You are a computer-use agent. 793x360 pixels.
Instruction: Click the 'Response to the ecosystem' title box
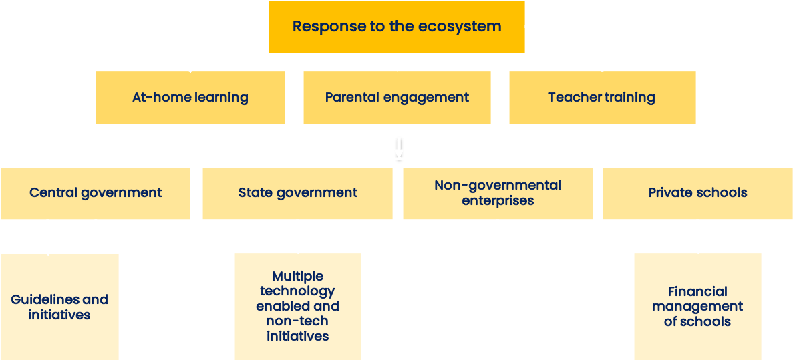coord(397,27)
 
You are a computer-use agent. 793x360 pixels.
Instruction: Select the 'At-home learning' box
coord(190,97)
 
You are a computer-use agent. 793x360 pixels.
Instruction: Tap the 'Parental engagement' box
coord(397,97)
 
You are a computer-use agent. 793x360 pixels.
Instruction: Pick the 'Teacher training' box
coord(603,97)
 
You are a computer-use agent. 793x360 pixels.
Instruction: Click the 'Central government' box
coord(96,193)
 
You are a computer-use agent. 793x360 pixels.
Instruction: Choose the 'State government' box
coord(297,193)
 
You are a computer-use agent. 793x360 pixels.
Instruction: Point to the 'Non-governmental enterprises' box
coord(498,193)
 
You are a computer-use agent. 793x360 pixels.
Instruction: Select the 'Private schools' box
coord(698,193)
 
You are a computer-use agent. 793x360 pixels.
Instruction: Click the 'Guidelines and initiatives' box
coord(59,307)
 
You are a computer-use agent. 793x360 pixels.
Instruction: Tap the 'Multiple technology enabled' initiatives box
coord(298,307)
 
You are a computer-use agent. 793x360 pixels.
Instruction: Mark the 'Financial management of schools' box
coord(697,307)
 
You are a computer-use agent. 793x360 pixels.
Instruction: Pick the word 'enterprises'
coord(498,201)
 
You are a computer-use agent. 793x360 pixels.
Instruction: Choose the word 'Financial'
coord(697,291)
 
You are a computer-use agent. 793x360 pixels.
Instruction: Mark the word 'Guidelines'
coord(44,299)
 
